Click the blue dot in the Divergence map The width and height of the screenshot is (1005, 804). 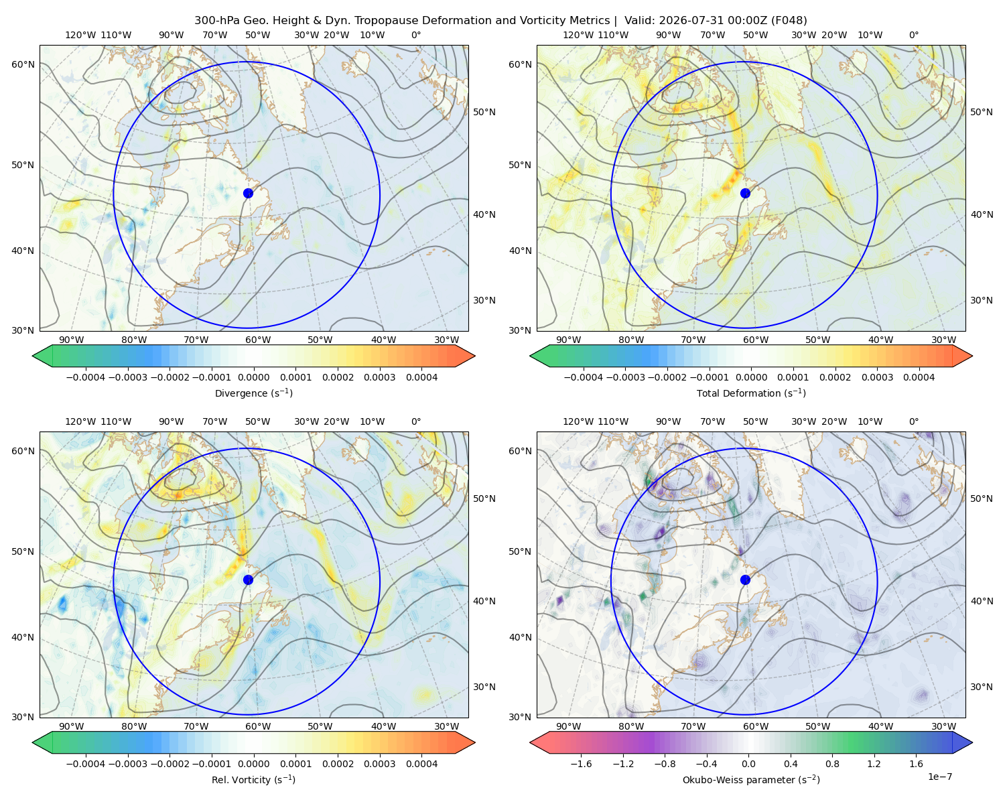248,193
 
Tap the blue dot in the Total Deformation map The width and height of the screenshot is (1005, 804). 745,193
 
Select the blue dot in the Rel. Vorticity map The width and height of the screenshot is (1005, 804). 248,580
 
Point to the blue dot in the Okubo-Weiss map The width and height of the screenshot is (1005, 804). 745,580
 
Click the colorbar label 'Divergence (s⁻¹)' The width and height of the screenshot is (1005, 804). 253,393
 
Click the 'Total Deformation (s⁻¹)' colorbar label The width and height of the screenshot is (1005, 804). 751,393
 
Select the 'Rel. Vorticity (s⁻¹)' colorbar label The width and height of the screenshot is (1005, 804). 253,780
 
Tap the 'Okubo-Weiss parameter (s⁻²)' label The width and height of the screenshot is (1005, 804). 751,780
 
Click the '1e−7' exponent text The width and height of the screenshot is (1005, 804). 939,777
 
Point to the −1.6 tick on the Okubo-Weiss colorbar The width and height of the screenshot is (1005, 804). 582,764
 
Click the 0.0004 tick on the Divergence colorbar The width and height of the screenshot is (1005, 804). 421,377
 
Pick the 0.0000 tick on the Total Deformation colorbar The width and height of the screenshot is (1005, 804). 752,377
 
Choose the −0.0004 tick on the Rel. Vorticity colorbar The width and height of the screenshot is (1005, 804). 86,764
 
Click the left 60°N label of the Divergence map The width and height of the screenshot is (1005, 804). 23,64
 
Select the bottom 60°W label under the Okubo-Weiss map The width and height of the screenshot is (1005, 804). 755,726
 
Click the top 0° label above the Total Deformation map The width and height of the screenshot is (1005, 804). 913,35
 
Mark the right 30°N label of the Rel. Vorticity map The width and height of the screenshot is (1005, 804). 484,687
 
